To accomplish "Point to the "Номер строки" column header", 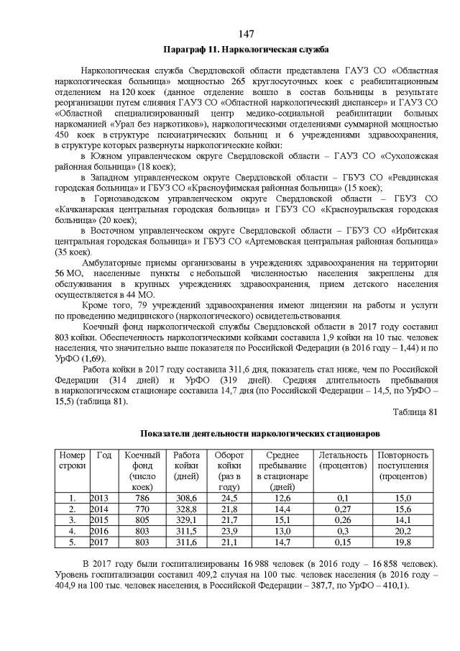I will tap(72, 460).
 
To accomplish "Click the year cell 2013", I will tap(101, 498).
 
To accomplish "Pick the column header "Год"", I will tap(104, 455).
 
